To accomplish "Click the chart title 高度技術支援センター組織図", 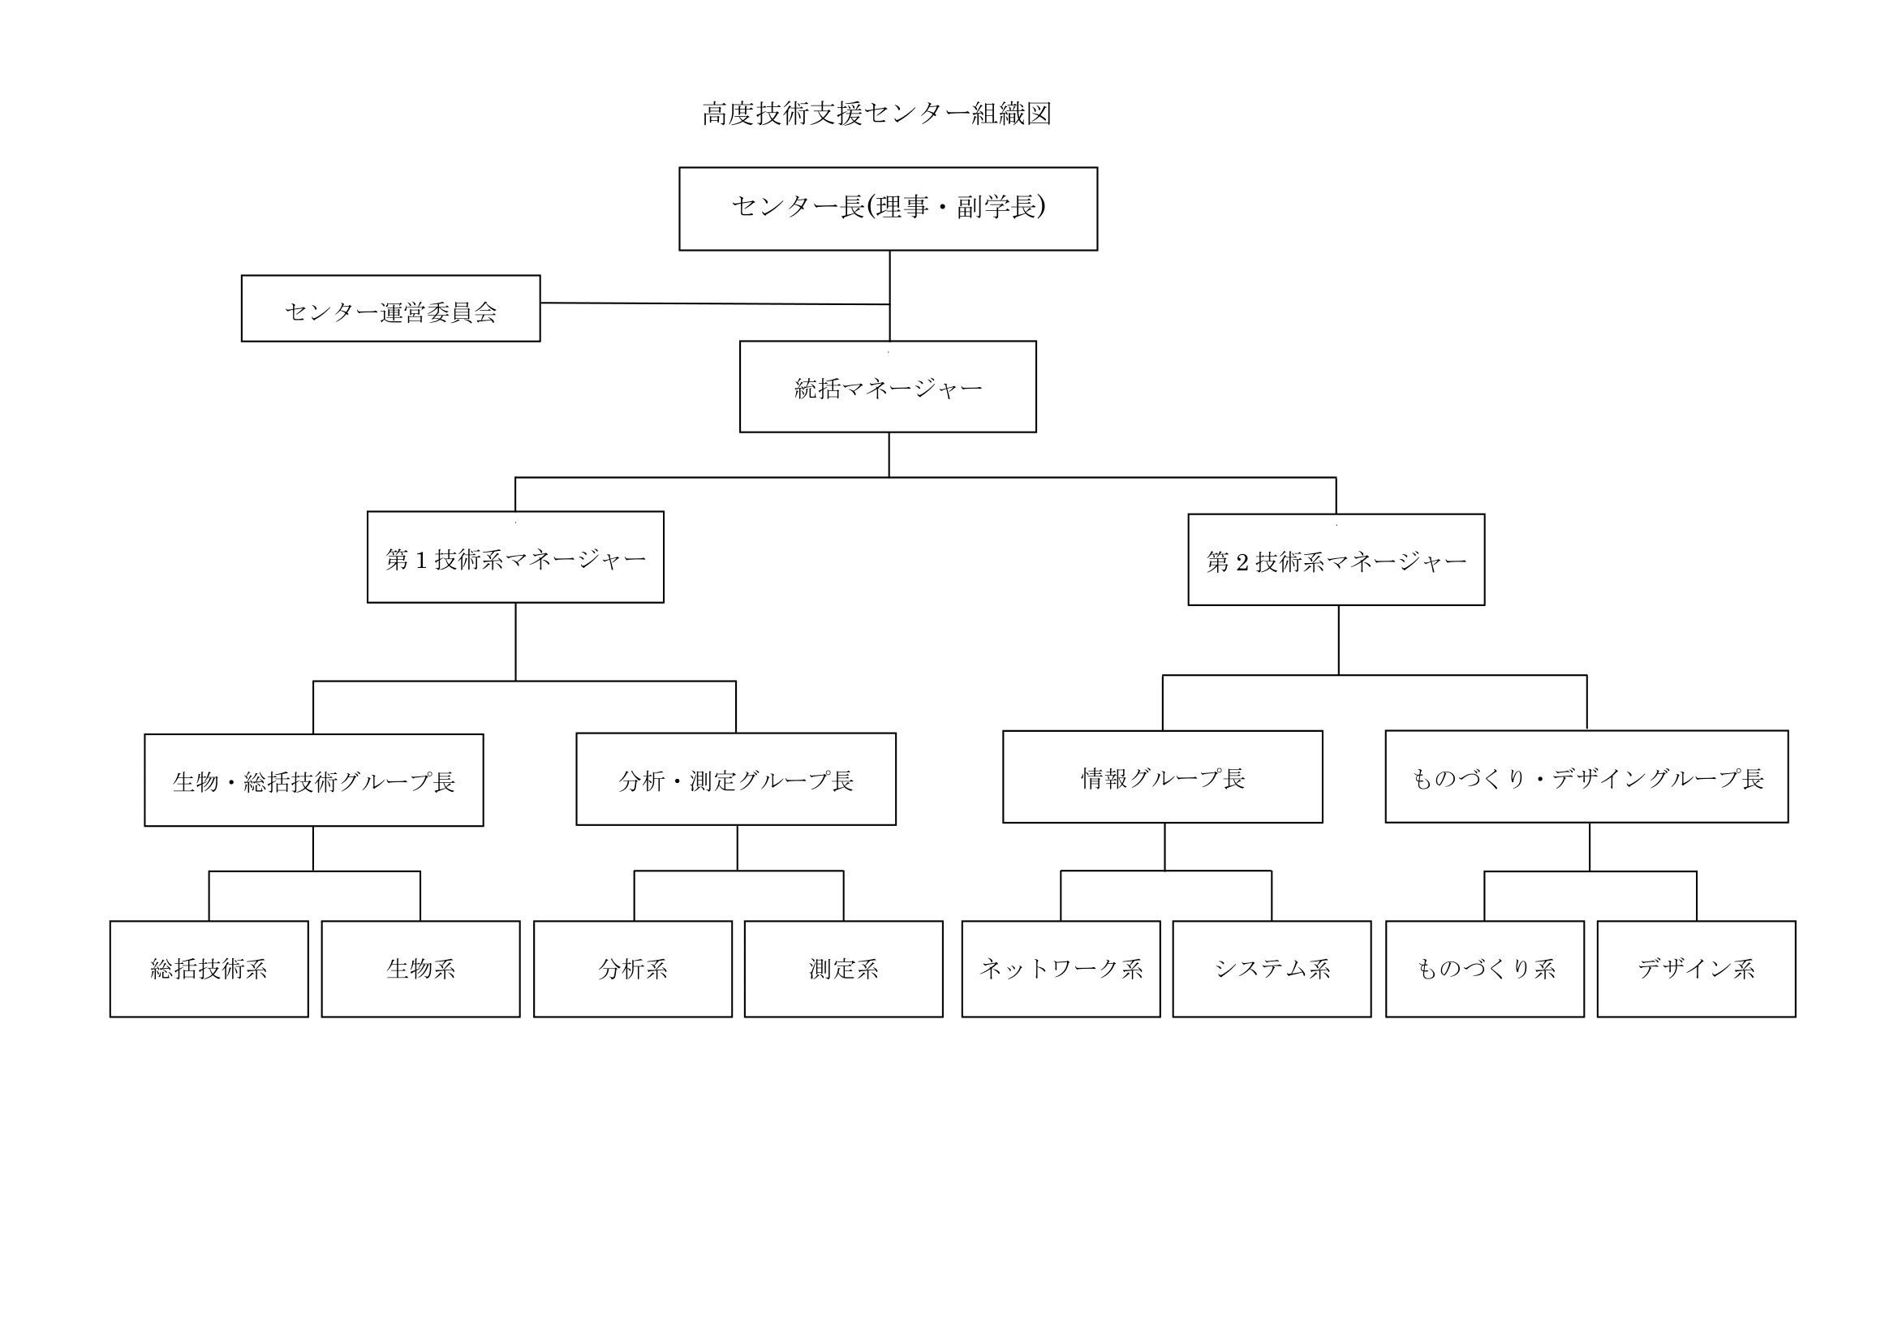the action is [x=876, y=114].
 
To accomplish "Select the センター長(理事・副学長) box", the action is [x=888, y=209].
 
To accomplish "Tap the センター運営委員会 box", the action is [x=390, y=308].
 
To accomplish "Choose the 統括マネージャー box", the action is [x=888, y=387].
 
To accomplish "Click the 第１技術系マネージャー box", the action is [x=515, y=557].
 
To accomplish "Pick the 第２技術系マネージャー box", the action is [x=1336, y=560].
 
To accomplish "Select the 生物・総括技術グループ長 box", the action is [x=313, y=780].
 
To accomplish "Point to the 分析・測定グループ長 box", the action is [x=736, y=778].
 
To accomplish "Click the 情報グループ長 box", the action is [x=1162, y=776].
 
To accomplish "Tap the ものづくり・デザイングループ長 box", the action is [x=1586, y=776].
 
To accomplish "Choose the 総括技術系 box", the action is [x=209, y=969].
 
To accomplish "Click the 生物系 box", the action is [x=421, y=969].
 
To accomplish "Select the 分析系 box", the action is [x=632, y=969].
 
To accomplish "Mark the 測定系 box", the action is [x=843, y=969].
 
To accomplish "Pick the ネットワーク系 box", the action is [x=1061, y=969].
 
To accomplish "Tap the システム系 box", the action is [x=1272, y=969].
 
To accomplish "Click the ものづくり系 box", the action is [x=1485, y=969].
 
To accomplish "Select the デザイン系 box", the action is [x=1696, y=969].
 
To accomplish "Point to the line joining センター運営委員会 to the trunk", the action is [x=715, y=303].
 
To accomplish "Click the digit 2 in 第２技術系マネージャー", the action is [x=1242, y=562].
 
